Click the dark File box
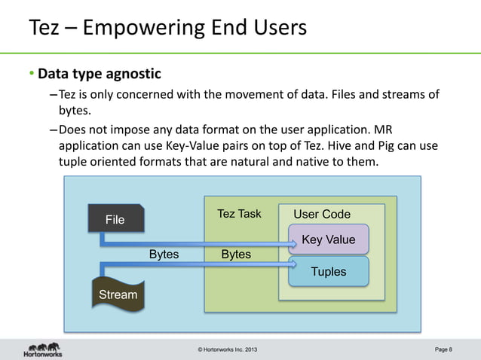(x=115, y=219)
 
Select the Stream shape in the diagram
(x=118, y=294)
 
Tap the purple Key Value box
(x=328, y=239)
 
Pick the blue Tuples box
(x=328, y=271)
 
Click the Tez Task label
(x=239, y=214)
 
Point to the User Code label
(x=322, y=214)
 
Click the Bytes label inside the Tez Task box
(x=236, y=255)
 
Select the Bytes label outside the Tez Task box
(x=164, y=255)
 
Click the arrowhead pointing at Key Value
(x=294, y=244)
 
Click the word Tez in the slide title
(x=44, y=28)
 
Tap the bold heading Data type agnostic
(x=100, y=75)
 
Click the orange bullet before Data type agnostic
(x=32, y=75)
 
